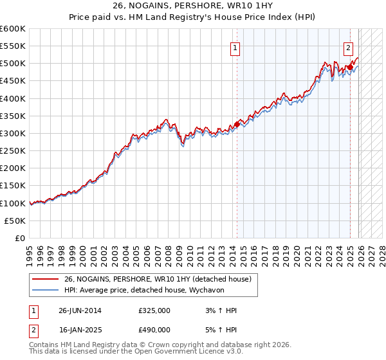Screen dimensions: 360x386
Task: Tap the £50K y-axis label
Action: tap(15, 221)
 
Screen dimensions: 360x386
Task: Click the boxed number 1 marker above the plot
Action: tap(235, 48)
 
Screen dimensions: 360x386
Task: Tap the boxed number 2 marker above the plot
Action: tap(348, 48)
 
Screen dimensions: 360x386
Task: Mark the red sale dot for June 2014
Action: tap(237, 124)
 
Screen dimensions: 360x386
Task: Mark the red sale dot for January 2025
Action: tap(349, 67)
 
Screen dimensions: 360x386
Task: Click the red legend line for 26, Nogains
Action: tap(46, 278)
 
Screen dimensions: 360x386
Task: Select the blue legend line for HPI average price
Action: tap(46, 290)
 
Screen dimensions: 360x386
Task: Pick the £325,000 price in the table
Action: tap(154, 310)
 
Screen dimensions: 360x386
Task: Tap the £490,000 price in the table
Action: tap(154, 329)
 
